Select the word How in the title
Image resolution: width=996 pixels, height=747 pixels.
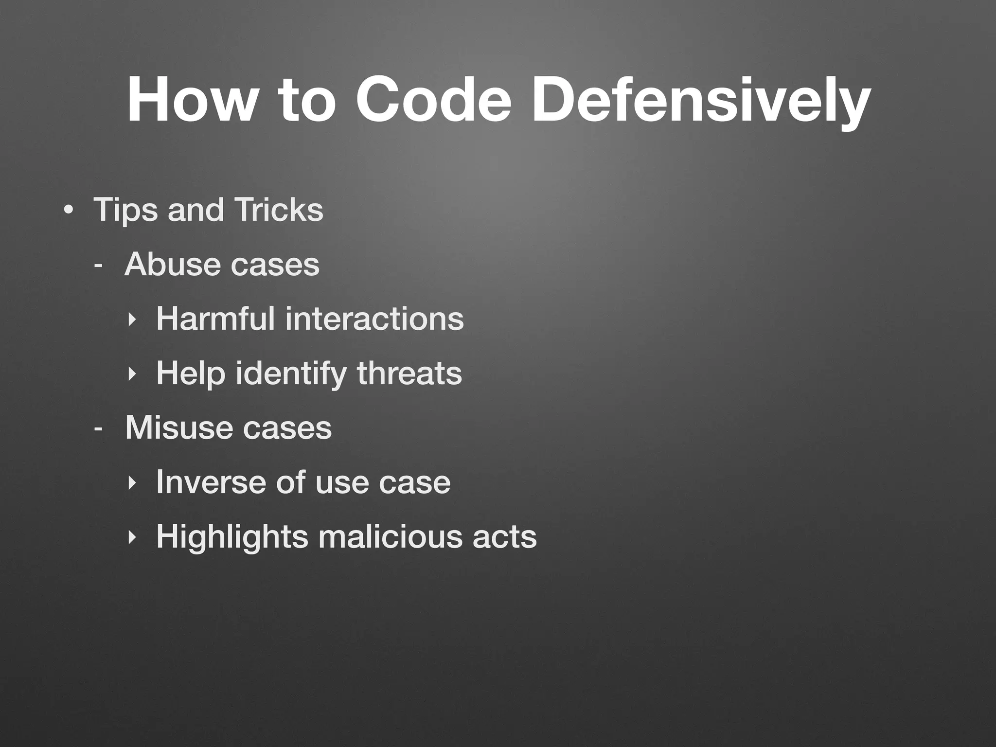pos(190,99)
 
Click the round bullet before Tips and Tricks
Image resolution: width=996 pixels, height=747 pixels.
pos(69,211)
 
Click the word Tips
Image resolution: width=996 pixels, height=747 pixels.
pos(125,211)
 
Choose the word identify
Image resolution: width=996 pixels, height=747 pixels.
pos(291,374)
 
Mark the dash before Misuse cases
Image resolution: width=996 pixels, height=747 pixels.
pos(98,429)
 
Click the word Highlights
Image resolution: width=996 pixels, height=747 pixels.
pos(232,537)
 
